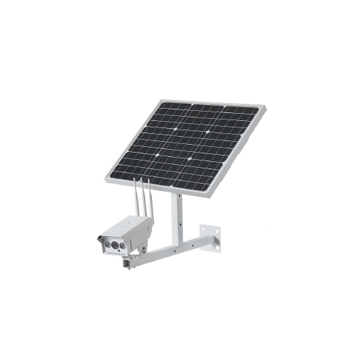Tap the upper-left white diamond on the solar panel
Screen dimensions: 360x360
pos(176,130)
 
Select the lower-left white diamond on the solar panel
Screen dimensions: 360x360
pos(158,155)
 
